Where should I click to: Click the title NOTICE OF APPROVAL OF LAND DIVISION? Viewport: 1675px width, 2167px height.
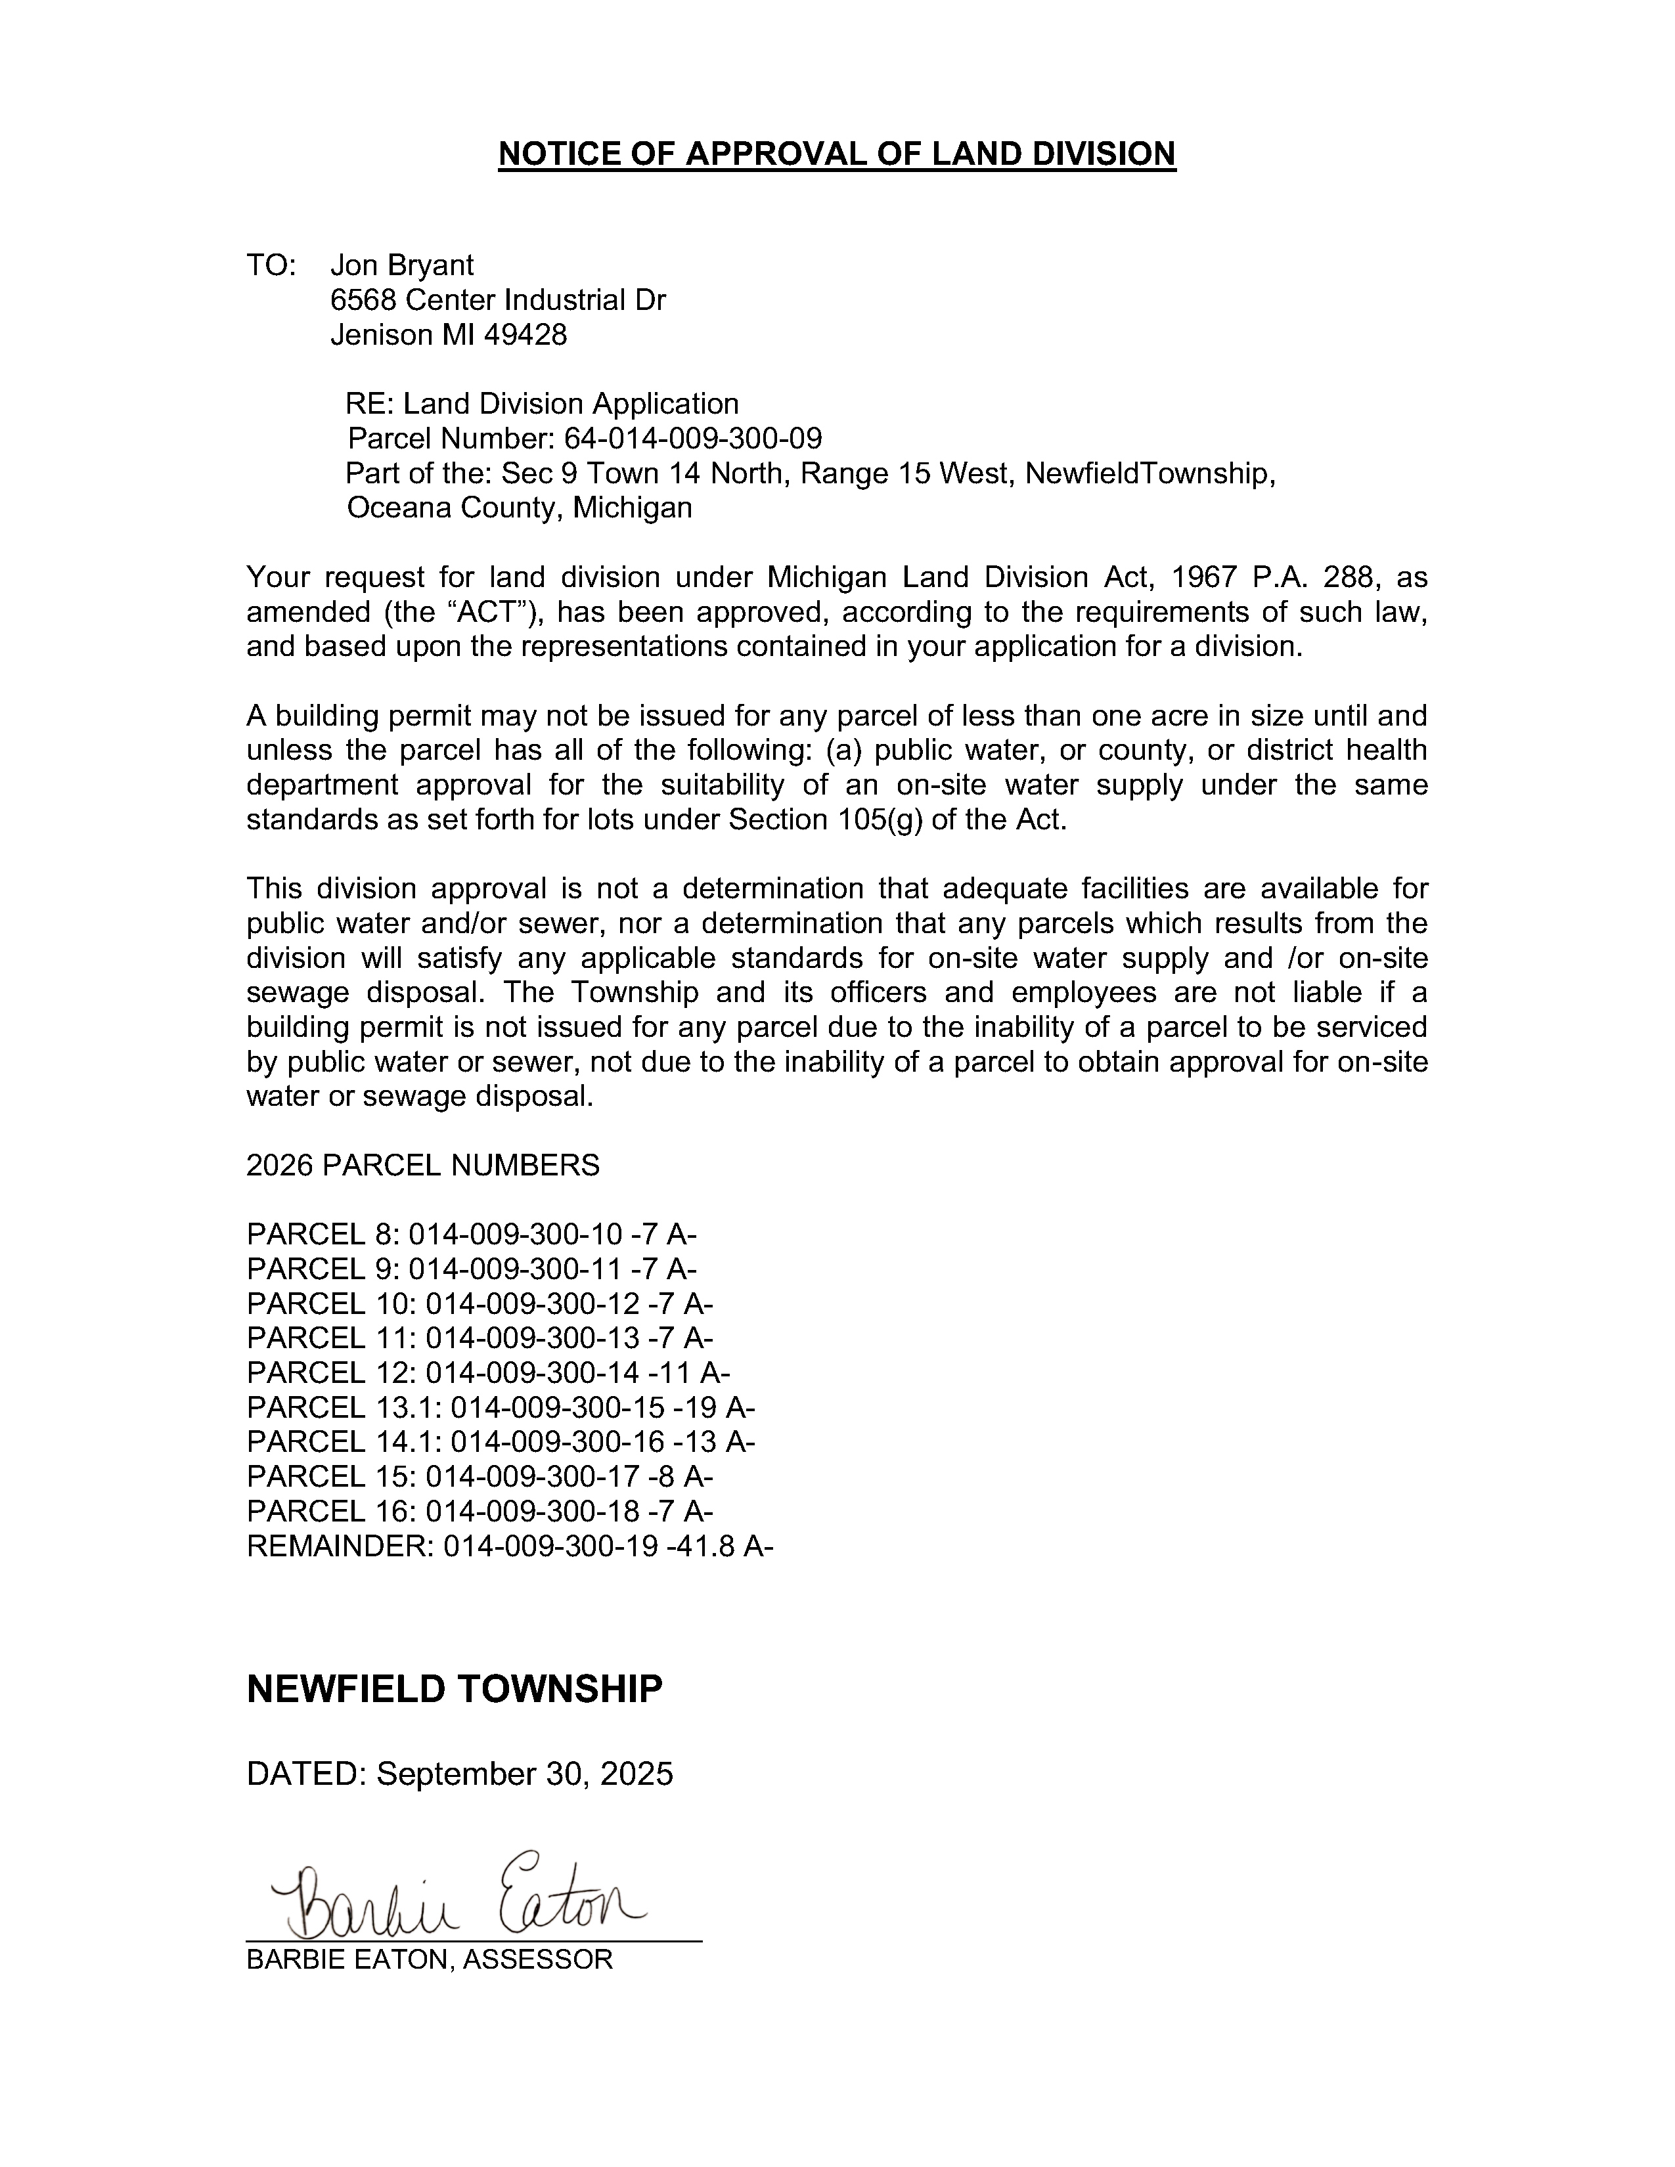point(836,154)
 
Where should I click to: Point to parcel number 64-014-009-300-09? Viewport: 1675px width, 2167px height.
point(692,439)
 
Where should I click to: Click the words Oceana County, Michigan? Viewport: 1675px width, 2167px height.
point(519,508)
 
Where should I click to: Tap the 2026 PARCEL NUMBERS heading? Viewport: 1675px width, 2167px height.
point(423,1165)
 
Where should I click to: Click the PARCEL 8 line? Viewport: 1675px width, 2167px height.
point(472,1235)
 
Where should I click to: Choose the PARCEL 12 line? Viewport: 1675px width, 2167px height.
point(488,1372)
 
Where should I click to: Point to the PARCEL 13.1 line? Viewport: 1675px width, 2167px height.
point(501,1407)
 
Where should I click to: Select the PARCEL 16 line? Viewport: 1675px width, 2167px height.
point(480,1511)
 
